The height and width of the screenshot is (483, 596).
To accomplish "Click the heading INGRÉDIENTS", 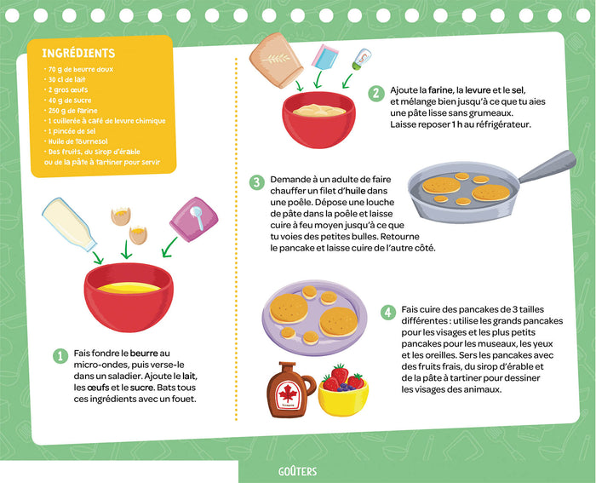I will pos(78,54).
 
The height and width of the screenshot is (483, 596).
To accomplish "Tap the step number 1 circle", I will pos(60,355).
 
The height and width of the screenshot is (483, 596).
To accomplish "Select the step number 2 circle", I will pos(375,93).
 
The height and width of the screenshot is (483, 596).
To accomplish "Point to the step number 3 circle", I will pos(256,181).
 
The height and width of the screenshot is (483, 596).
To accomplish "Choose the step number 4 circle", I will pos(388,313).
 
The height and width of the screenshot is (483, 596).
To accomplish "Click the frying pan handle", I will pos(546,166).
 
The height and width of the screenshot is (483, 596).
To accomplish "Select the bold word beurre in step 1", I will pos(144,353).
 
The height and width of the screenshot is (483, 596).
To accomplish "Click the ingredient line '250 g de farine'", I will pos(73,110).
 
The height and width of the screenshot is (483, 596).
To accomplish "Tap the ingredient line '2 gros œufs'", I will pos(68,89).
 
